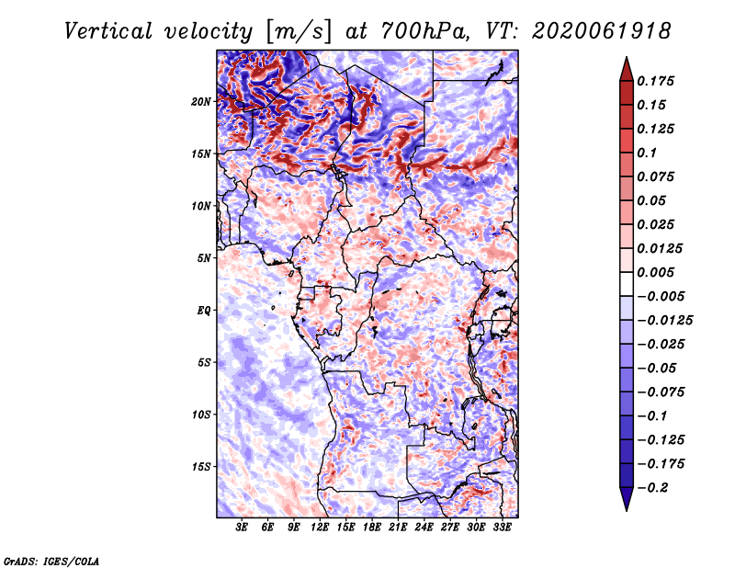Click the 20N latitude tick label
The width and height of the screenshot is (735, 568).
click(x=201, y=102)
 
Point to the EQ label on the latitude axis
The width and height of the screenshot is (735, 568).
click(x=204, y=311)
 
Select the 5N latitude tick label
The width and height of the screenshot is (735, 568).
click(x=204, y=258)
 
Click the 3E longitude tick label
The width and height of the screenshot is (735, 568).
click(x=242, y=528)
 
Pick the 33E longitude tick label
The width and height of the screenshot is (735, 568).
click(x=502, y=528)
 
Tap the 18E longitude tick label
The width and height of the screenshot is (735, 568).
click(x=372, y=528)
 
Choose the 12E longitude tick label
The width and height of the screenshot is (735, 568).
click(x=320, y=528)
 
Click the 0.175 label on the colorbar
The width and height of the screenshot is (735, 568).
click(x=655, y=81)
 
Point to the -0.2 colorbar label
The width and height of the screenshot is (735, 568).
click(x=652, y=488)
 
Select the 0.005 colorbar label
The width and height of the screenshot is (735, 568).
click(x=655, y=272)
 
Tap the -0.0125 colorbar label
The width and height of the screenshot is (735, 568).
click(x=664, y=321)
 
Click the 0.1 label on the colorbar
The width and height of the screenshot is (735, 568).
click(x=647, y=153)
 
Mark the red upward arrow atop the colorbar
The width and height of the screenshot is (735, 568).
click(x=627, y=69)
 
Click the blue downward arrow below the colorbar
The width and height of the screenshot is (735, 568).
click(x=627, y=499)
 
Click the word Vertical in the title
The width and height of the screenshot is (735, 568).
click(x=108, y=31)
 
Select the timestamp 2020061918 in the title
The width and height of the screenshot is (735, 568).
click(x=602, y=31)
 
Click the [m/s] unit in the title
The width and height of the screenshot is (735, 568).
click(x=299, y=32)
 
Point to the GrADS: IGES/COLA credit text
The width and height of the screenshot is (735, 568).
click(x=51, y=562)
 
